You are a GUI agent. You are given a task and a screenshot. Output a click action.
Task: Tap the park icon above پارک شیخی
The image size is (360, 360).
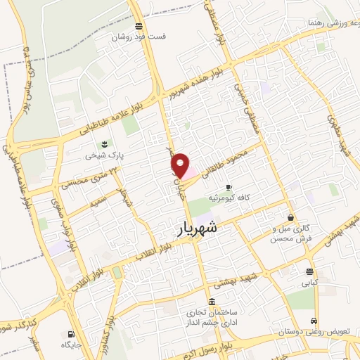[105, 143]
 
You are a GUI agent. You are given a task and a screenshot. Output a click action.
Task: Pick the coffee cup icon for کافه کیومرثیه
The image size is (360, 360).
[228, 187]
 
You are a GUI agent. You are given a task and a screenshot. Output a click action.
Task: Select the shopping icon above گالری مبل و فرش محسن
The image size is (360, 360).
[290, 218]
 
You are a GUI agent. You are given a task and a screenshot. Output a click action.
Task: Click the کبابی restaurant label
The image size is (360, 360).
[310, 284]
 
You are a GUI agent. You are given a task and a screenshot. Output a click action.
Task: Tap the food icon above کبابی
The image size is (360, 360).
[309, 272]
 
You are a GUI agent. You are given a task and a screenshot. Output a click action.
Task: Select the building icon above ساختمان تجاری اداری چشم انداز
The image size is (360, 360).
[212, 301]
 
